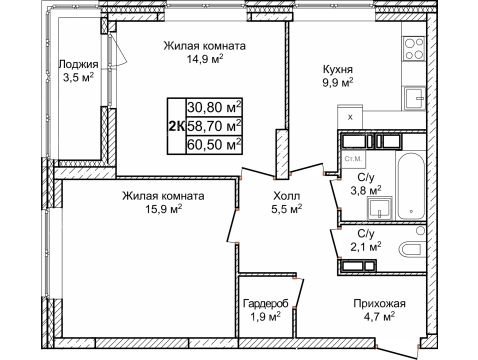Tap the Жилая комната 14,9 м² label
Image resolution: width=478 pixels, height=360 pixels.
tap(205, 52)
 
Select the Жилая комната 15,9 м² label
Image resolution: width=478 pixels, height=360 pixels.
tap(165, 202)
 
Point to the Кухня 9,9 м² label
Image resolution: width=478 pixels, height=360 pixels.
tap(337, 75)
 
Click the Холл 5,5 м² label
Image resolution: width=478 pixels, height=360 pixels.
tap(287, 204)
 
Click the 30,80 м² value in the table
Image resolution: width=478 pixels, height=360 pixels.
tap(214, 106)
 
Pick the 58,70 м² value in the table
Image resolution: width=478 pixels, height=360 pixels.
tap(214, 125)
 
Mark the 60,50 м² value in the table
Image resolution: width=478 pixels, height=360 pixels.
tap(214, 145)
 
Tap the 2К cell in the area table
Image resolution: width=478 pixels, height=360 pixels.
tap(174, 125)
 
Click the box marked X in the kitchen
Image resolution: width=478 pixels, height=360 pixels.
tap(350, 117)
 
